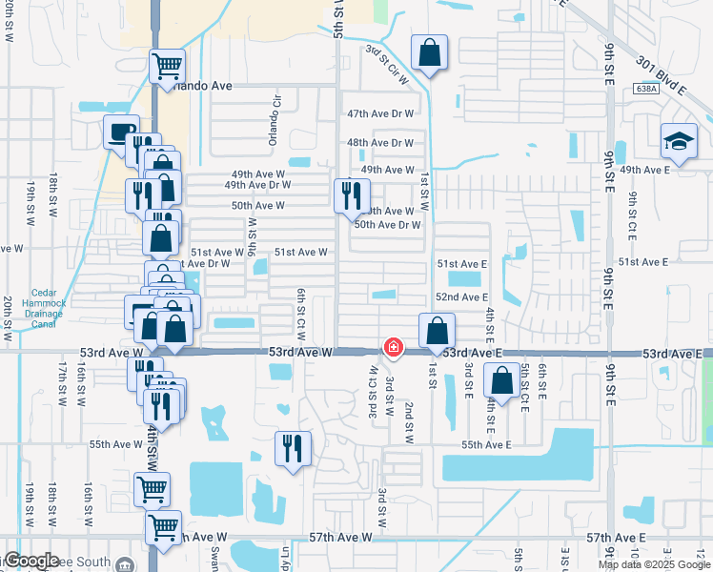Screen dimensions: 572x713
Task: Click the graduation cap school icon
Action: point(679,141)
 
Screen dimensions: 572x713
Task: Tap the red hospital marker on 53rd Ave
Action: point(393,348)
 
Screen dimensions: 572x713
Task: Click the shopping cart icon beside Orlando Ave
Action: point(167,67)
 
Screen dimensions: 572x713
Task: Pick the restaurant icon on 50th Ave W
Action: point(351,195)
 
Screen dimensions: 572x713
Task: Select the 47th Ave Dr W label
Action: point(380,113)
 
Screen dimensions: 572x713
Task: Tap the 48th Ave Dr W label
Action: point(380,143)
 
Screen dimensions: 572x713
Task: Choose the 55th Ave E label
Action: point(486,445)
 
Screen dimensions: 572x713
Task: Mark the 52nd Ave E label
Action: point(461,298)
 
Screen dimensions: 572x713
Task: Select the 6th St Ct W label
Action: point(300,315)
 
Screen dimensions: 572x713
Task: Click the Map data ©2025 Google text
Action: point(653,564)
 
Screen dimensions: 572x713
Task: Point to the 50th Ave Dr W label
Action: point(387,225)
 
